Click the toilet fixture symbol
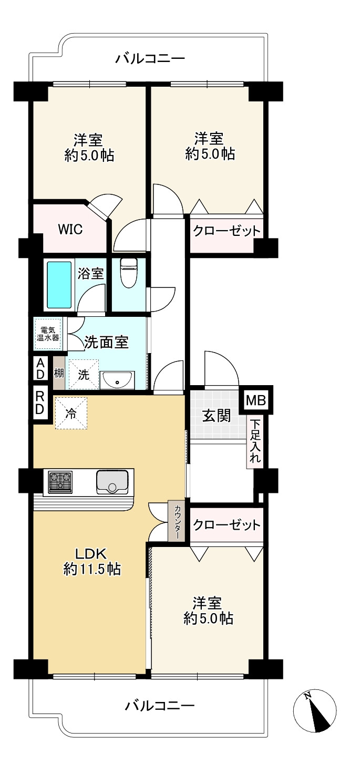128,272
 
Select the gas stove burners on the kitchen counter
60,481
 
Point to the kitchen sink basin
112,482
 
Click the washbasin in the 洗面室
117,380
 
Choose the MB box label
256,400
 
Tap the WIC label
70,229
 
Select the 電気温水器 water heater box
48,334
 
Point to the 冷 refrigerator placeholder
71,413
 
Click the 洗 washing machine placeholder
84,375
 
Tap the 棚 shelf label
59,373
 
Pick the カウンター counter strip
177,521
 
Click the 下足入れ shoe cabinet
255,441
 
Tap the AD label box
40,368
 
